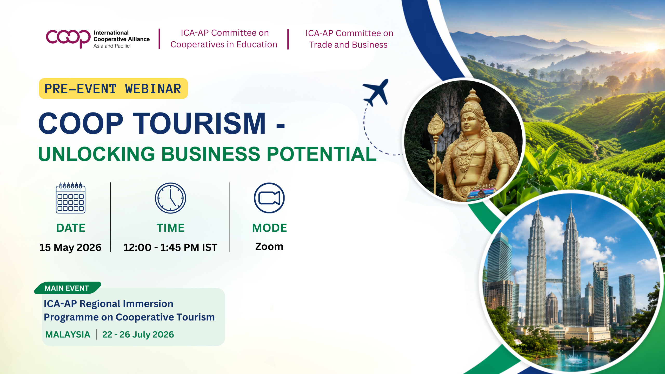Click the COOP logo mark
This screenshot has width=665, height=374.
point(68,38)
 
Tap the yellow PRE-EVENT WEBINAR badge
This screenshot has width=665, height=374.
point(113,89)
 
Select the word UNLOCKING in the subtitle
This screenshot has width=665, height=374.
point(97,154)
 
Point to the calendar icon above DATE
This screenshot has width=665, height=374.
point(71,198)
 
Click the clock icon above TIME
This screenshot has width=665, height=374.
point(170,198)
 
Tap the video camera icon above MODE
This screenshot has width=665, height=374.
point(269,198)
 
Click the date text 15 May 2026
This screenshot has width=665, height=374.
point(70,248)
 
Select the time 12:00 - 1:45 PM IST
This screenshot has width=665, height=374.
point(170,248)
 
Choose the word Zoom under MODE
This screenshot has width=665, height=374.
point(269,246)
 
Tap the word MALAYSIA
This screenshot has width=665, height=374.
point(68,335)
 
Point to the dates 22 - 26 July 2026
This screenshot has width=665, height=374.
point(138,335)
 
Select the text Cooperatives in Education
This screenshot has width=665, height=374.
point(224,44)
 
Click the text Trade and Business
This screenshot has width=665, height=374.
point(348,45)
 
